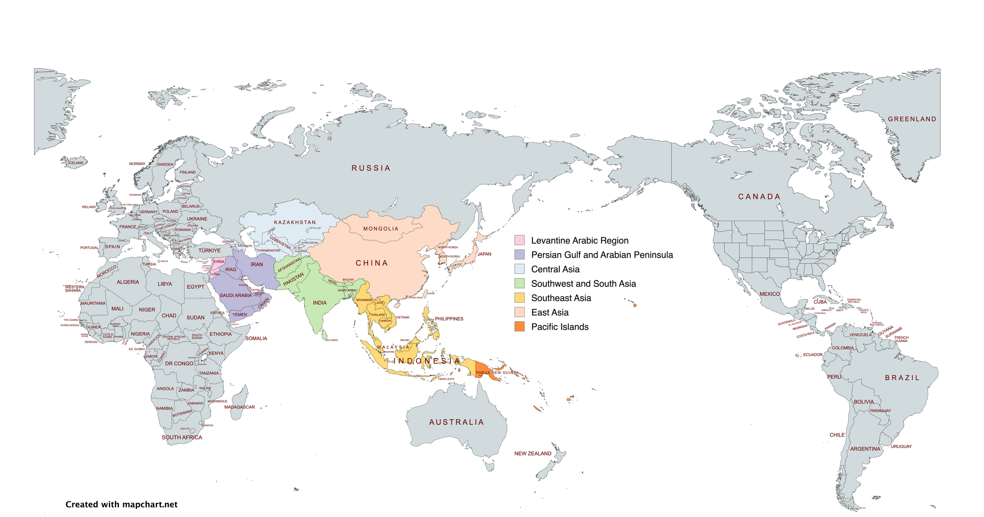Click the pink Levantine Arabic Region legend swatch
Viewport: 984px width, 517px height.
[519, 240]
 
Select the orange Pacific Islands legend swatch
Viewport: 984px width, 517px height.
[519, 326]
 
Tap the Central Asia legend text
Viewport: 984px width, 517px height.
[555, 269]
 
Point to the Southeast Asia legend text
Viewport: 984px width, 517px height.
[561, 298]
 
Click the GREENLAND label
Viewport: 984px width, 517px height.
[912, 119]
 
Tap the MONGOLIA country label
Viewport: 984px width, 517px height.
[381, 229]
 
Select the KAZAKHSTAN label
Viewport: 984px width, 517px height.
[295, 222]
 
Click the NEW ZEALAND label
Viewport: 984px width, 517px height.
[533, 454]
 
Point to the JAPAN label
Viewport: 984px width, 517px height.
[484, 254]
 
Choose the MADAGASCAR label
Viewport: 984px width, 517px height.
[239, 407]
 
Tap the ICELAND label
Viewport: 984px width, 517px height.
[76, 163]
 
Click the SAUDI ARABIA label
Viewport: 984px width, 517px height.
[235, 295]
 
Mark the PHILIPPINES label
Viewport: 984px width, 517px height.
[449, 319]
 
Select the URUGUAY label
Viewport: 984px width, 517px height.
[901, 446]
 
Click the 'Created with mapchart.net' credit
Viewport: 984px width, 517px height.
[121, 504]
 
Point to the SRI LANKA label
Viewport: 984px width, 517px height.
[331, 340]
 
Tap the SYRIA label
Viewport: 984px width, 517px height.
[218, 262]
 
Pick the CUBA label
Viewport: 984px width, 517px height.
[820, 302]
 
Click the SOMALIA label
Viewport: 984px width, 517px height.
[256, 338]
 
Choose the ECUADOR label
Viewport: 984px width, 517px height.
[812, 355]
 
